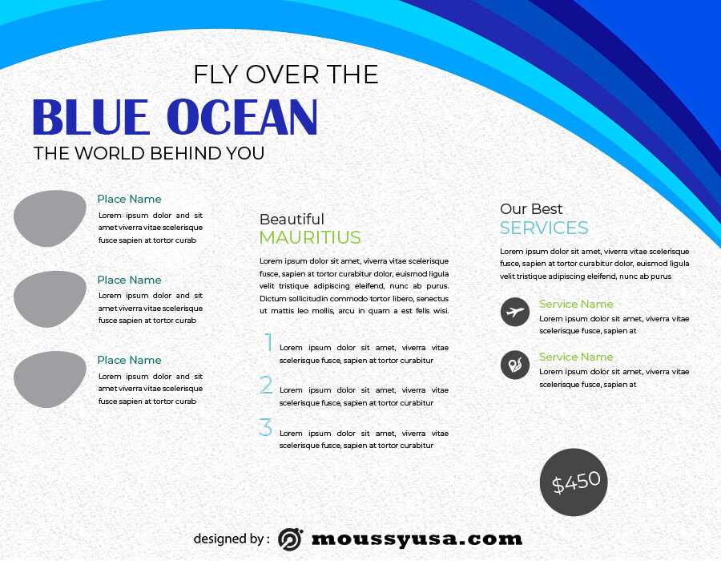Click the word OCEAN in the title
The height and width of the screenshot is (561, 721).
(x=242, y=117)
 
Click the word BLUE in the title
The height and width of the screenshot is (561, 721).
(x=91, y=117)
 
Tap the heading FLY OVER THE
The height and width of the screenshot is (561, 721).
(x=285, y=75)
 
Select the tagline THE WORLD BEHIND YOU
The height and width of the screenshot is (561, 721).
(x=149, y=153)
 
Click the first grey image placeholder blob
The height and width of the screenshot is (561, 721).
(x=49, y=219)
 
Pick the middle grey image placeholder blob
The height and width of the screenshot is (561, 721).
(x=49, y=299)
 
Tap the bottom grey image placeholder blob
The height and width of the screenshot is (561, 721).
(x=49, y=379)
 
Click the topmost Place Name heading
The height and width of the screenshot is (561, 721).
(x=129, y=199)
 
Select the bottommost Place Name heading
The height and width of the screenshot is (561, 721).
(x=129, y=360)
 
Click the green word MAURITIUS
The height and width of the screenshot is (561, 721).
(x=310, y=237)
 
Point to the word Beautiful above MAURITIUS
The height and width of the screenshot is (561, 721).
(x=292, y=219)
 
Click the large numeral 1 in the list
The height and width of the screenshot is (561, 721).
(x=268, y=342)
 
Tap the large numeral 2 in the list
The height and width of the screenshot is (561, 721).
(x=266, y=385)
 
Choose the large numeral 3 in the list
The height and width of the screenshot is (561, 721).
(x=265, y=426)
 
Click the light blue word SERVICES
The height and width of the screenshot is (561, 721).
(x=544, y=228)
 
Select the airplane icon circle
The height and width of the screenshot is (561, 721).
(x=515, y=312)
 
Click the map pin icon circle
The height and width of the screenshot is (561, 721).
(x=515, y=365)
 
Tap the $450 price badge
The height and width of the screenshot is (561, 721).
(x=574, y=482)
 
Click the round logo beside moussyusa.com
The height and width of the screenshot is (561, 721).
(x=290, y=539)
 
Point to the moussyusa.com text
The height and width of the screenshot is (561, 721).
(x=417, y=539)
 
